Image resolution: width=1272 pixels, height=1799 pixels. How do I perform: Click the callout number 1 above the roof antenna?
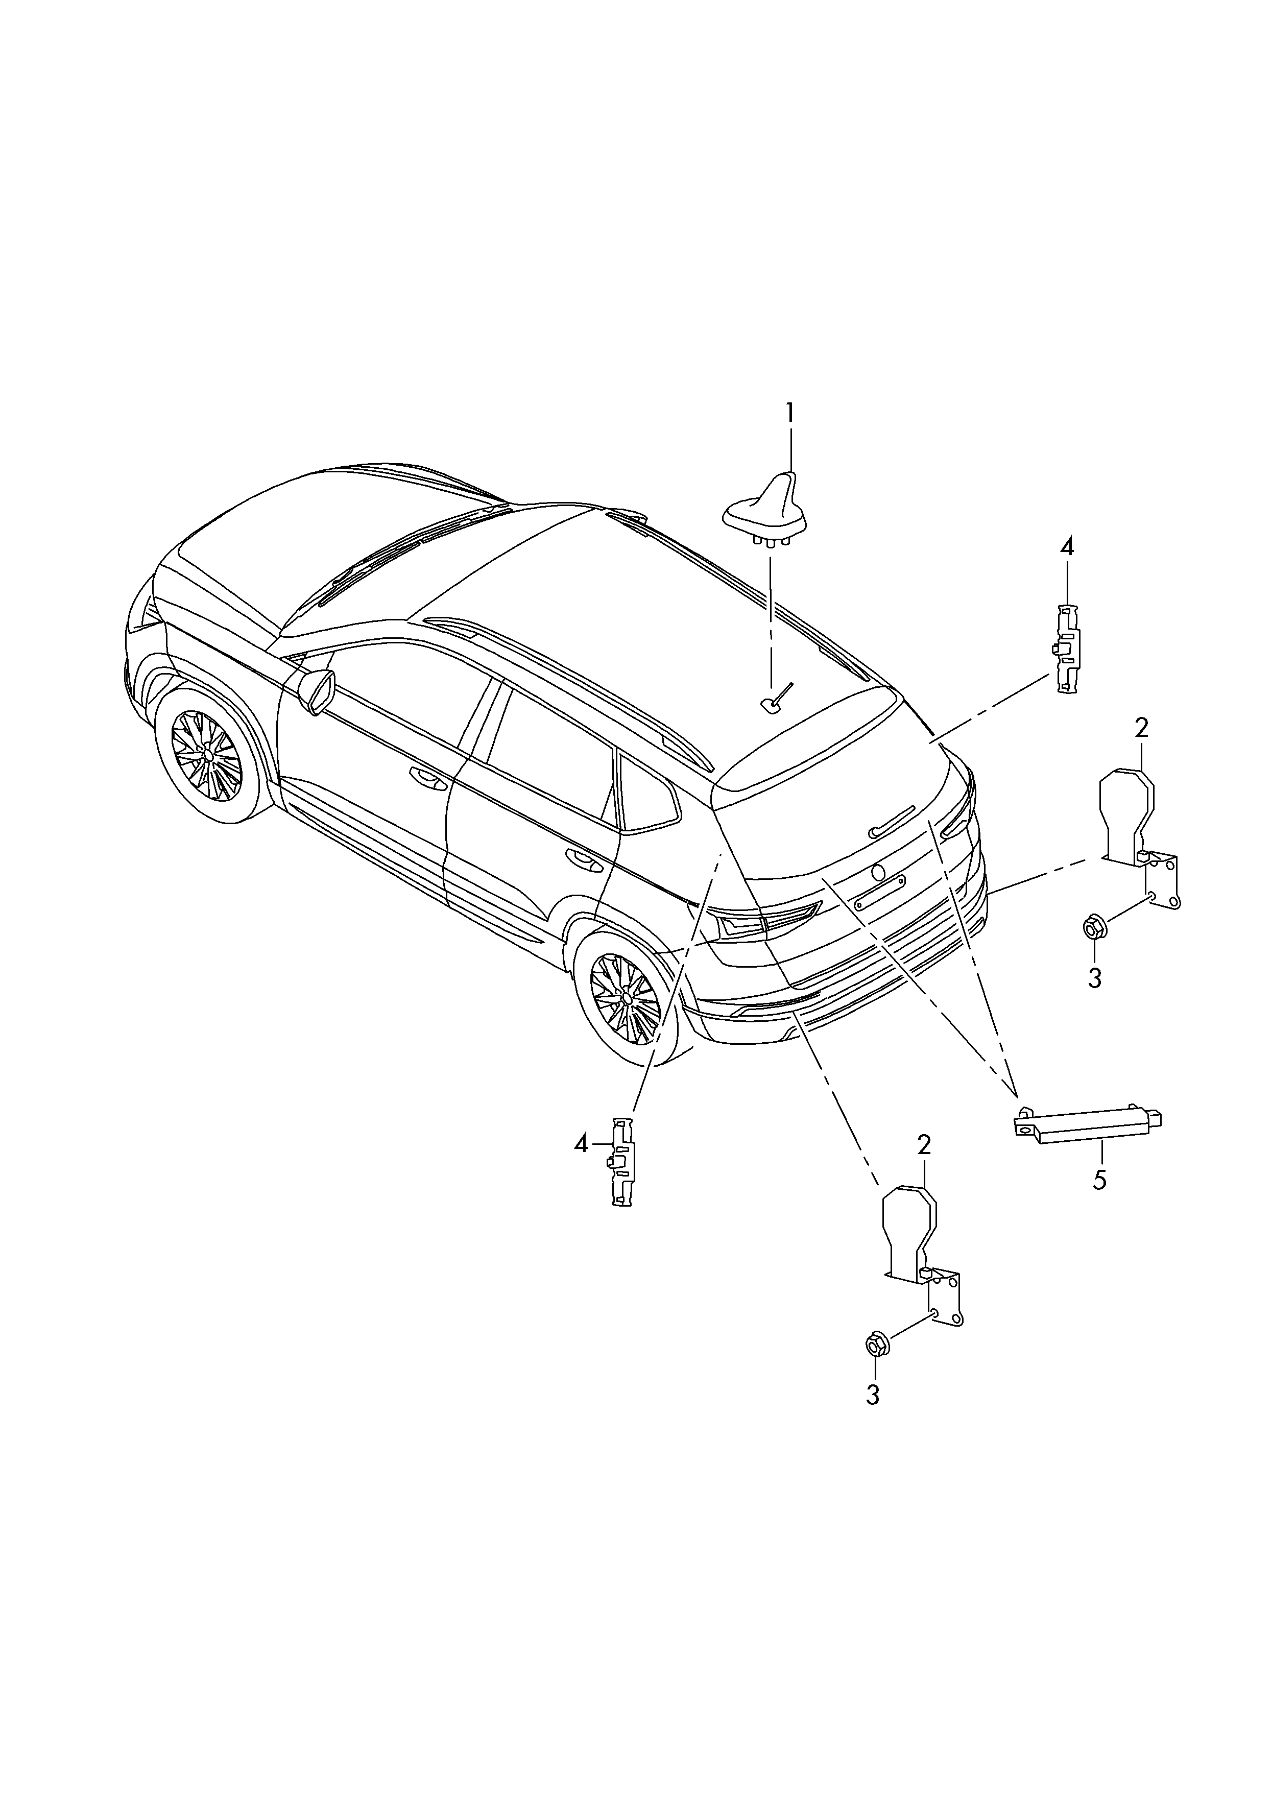[790, 413]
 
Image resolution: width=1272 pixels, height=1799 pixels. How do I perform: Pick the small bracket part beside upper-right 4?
[1064, 648]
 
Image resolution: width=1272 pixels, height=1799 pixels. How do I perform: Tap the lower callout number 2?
[924, 1145]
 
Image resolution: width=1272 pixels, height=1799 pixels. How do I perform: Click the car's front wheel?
[208, 755]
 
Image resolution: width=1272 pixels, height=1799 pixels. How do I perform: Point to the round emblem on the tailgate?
[879, 872]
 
